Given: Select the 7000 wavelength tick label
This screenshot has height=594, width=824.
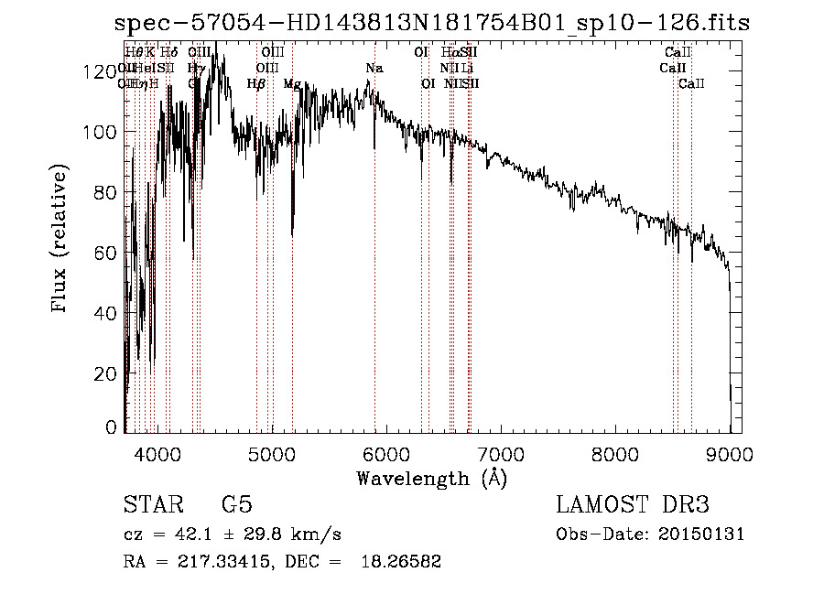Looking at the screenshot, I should [x=500, y=451].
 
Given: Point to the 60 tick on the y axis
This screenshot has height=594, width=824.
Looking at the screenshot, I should [x=107, y=253].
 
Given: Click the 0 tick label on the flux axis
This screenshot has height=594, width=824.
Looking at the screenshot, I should [x=112, y=427].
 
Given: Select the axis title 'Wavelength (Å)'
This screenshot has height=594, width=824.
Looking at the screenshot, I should [x=431, y=478].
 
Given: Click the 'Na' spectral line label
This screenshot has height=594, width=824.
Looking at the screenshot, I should [x=374, y=69].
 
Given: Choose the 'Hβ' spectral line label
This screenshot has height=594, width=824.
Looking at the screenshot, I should [x=256, y=83].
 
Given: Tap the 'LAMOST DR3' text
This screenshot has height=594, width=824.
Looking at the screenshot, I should [x=633, y=505].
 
